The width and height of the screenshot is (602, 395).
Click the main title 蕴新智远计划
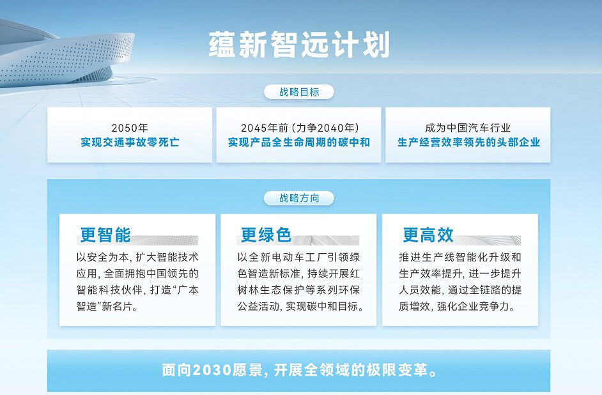(299, 45)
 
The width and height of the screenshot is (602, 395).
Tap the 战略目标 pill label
(299, 92)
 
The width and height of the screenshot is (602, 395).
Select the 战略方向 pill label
(299, 198)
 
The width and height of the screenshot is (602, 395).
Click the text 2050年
(130, 128)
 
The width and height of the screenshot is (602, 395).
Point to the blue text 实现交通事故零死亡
(130, 143)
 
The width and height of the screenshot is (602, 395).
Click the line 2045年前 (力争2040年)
(300, 128)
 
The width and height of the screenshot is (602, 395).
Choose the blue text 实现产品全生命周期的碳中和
(299, 143)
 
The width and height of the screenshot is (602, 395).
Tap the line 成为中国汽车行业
(468, 128)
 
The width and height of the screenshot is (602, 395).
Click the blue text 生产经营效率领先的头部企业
(468, 143)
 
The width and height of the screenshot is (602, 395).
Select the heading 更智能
(105, 235)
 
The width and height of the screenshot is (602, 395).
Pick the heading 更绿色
(266, 235)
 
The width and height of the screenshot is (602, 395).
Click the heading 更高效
(428, 235)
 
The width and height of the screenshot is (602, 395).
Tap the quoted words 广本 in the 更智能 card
(190, 290)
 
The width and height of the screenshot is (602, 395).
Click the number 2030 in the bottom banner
(212, 371)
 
